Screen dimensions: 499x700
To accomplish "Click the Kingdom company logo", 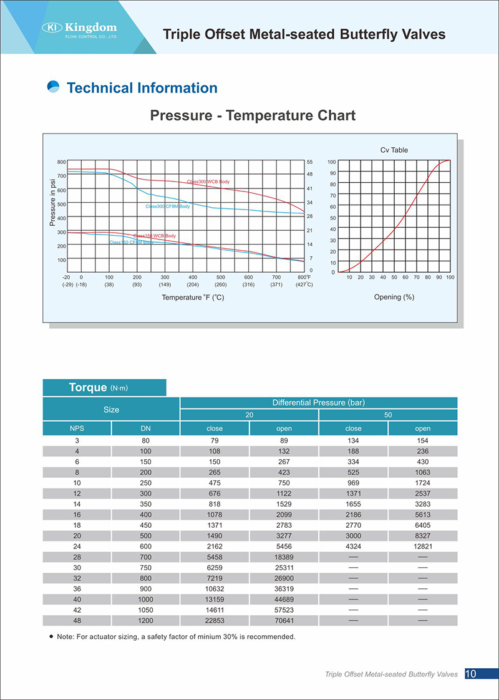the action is coord(80,29).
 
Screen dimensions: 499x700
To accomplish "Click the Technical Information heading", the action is coord(142,88).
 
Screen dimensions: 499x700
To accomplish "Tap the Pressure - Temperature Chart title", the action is coord(253,115).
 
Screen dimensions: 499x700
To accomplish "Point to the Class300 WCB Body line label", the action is coord(208,182).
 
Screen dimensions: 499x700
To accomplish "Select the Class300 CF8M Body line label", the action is coord(168,207).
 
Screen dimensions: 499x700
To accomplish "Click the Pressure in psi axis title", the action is coord(52,202).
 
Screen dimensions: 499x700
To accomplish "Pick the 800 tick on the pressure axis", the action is coord(61,162).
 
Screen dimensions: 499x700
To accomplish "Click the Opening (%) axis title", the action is coord(394,297).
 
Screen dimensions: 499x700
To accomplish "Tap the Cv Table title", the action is coord(394,150).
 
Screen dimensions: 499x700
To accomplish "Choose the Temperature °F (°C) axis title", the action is coord(193,298).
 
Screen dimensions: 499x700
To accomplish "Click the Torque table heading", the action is coord(98,387).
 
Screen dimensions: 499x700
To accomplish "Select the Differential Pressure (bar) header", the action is coord(319,402).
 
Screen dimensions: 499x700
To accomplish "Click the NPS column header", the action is coord(77,429).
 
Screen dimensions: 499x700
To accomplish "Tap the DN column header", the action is coord(145,429).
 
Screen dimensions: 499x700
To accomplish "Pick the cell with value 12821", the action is coord(422,546).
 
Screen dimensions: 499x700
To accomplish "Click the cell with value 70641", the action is coord(284,621).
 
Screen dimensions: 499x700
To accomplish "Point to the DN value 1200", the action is coord(145,621).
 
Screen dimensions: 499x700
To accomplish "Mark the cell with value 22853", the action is coord(215,621).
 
